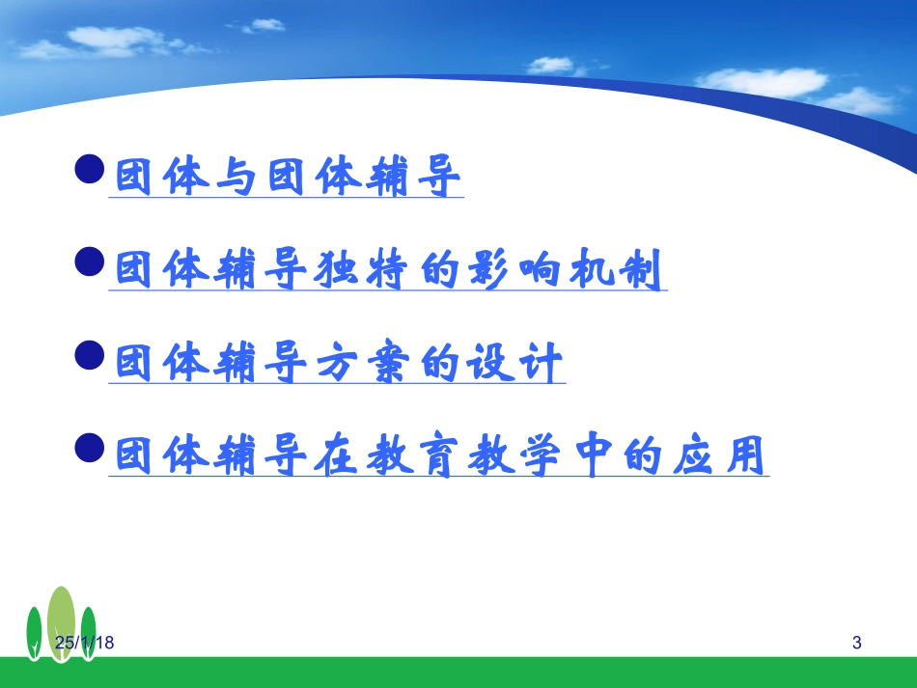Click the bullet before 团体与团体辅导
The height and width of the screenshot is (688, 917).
(90, 169)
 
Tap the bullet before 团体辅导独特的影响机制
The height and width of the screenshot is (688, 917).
(90, 261)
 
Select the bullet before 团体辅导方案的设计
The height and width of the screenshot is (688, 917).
(90, 355)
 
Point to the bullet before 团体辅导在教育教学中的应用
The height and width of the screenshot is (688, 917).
(90, 448)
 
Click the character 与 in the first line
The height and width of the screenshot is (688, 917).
(236, 176)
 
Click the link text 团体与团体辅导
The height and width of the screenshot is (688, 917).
(287, 176)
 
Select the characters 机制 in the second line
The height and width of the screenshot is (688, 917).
(616, 269)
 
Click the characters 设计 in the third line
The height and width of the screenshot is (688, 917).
(514, 363)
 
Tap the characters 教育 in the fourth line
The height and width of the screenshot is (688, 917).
(412, 455)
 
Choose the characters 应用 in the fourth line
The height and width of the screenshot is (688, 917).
(719, 455)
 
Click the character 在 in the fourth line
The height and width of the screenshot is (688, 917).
(336, 455)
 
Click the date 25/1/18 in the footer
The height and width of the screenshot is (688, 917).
(84, 643)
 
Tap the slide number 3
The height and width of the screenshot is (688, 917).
(857, 643)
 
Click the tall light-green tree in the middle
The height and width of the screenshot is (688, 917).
(62, 624)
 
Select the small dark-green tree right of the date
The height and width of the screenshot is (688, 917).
(88, 634)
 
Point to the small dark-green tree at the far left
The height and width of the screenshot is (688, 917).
(35, 634)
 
